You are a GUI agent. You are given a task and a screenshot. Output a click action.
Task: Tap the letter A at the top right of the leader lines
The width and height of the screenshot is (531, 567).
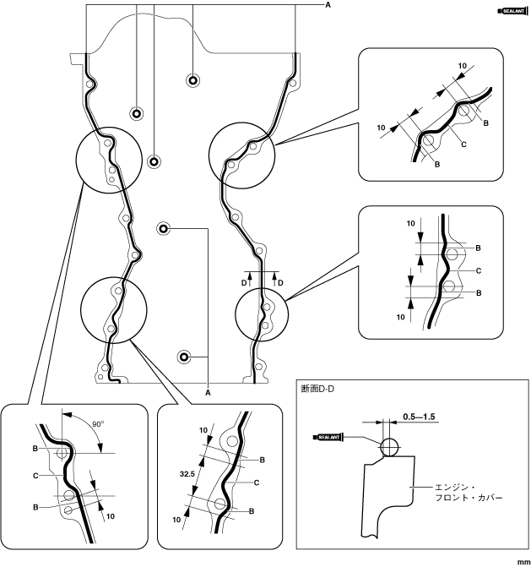tap(328, 5)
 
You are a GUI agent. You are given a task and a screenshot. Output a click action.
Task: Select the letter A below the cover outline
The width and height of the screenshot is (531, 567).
tap(209, 391)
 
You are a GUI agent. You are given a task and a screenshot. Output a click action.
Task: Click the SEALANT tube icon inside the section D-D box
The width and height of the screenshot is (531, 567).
tap(330, 437)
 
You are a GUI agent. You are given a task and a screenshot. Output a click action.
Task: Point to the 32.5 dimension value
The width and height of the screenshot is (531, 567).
tap(187, 474)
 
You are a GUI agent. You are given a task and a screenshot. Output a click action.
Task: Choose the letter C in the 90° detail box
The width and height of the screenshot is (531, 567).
tap(35, 477)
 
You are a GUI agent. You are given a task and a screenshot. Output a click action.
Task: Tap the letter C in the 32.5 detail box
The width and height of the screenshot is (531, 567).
tap(256, 482)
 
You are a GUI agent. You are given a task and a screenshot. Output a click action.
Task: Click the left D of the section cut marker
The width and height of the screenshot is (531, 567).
tap(244, 281)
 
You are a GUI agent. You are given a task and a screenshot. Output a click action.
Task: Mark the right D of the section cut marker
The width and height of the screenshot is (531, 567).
tap(281, 281)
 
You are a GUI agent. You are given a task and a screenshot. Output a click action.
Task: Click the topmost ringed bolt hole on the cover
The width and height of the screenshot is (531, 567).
tap(193, 80)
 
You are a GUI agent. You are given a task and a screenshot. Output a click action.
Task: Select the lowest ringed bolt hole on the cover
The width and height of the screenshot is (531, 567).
tap(182, 355)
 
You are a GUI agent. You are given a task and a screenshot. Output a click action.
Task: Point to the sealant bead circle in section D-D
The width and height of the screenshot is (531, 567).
tap(389, 445)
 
